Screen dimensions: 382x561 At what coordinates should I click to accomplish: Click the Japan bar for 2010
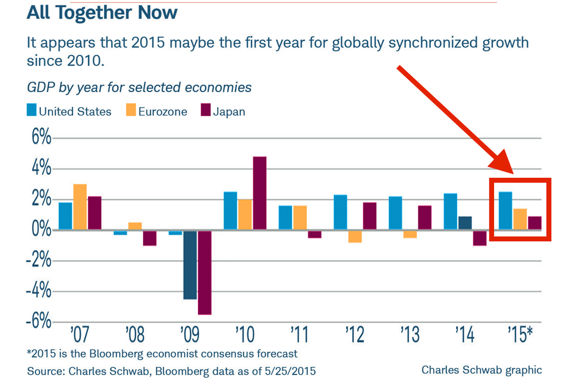pos(260,193)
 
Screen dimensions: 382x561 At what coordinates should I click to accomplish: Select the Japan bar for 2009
pos(205,272)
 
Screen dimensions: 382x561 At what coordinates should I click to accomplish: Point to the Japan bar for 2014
pos(479,238)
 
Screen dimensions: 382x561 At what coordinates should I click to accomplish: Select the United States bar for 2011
pos(285,218)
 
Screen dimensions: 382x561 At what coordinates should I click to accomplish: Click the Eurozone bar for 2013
pos(410,234)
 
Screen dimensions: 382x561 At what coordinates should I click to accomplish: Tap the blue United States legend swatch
pos(31,111)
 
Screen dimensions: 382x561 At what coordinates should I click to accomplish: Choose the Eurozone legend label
pos(163,112)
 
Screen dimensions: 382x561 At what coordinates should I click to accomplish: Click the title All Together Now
pos(102,13)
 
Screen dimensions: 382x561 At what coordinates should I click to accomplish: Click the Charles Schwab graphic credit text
pos(481,370)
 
